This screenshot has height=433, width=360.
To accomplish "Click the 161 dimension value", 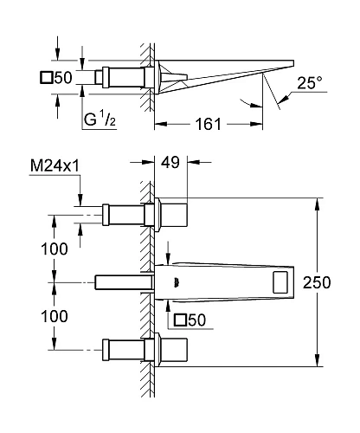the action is pyautogui.click(x=208, y=124).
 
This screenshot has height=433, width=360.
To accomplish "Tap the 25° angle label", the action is pyautogui.click(x=310, y=83).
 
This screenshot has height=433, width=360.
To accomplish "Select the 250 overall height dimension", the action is pyautogui.click(x=317, y=282).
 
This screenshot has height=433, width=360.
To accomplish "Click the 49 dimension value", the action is pyautogui.click(x=170, y=162).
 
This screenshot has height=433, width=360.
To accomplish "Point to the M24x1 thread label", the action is pyautogui.click(x=55, y=166).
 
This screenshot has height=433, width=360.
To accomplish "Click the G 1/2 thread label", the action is pyautogui.click(x=100, y=120).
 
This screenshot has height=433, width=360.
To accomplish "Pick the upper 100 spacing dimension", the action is pyautogui.click(x=55, y=249).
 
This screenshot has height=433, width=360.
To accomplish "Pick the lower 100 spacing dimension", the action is pyautogui.click(x=55, y=316).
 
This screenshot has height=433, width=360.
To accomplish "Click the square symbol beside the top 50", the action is pyautogui.click(x=47, y=78).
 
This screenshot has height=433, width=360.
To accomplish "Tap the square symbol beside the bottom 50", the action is pyautogui.click(x=181, y=320).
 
